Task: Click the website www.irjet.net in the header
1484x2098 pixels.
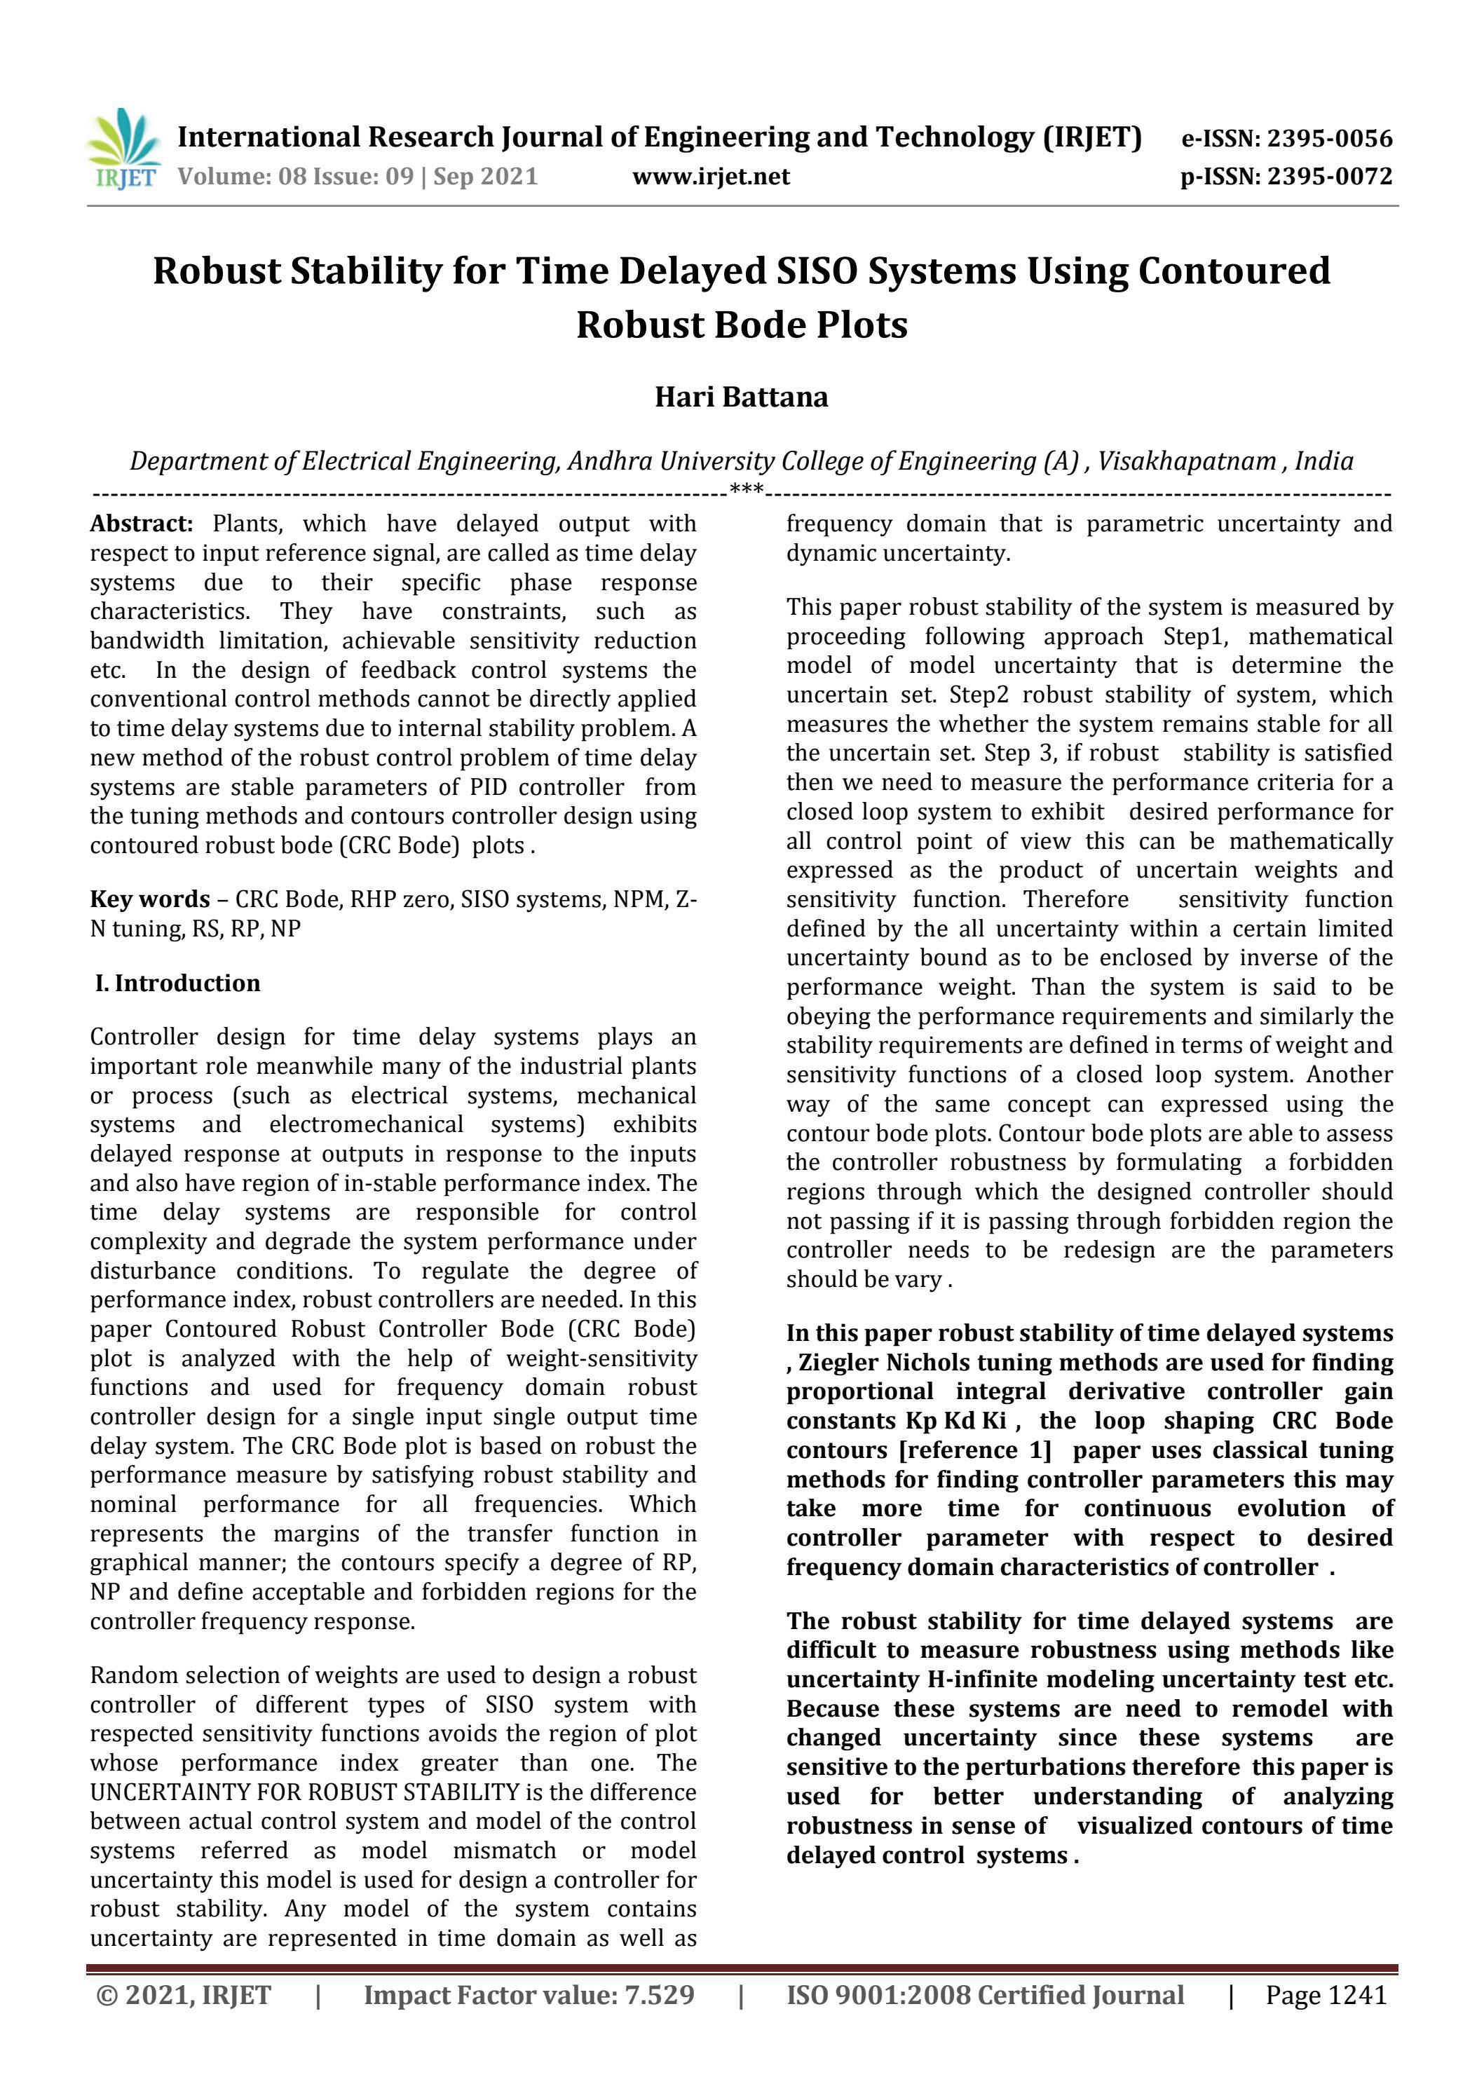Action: pyautogui.click(x=711, y=177)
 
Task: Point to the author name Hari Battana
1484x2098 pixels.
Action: pyautogui.click(x=741, y=397)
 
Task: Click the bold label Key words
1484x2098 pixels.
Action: pyautogui.click(x=149, y=899)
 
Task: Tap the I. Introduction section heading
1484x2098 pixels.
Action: pyautogui.click(x=178, y=983)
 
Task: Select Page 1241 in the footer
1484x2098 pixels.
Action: pyautogui.click(x=1326, y=1995)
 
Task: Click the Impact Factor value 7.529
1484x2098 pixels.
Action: pyautogui.click(x=659, y=1995)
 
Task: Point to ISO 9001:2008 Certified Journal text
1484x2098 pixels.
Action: pyautogui.click(x=985, y=1995)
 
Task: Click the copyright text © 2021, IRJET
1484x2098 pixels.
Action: pyautogui.click(x=184, y=1995)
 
